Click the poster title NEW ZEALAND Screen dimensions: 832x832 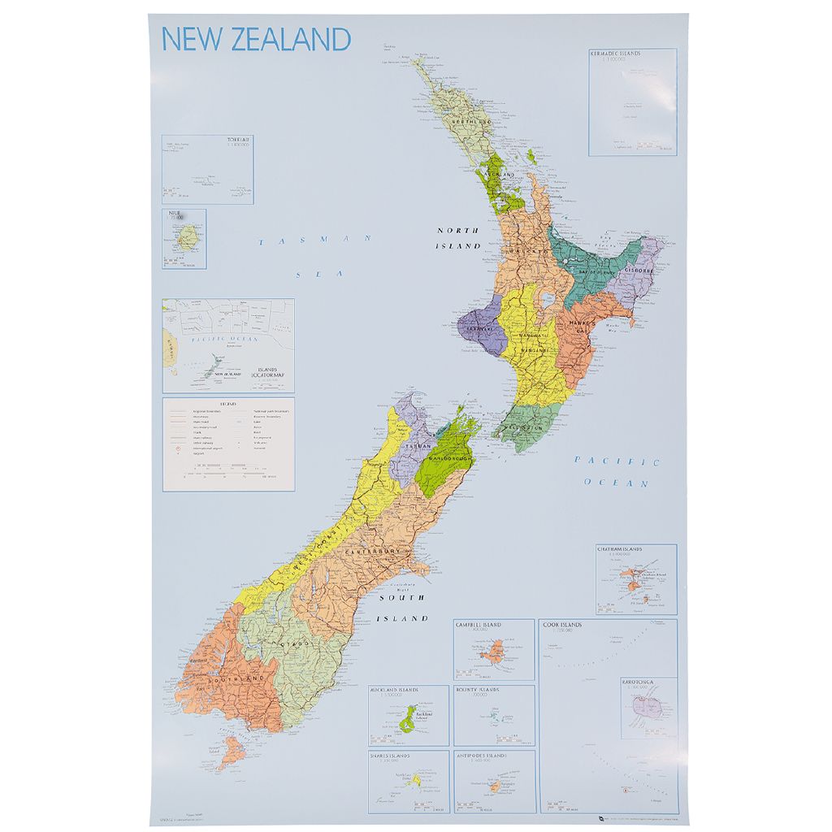coord(256,39)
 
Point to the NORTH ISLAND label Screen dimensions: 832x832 coord(458,238)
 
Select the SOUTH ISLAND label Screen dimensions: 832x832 coord(401,608)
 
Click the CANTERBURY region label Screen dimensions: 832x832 coord(374,552)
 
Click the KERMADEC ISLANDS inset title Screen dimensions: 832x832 coord(615,54)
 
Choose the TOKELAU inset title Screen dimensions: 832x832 coord(239,140)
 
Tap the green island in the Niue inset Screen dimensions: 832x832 coord(188,239)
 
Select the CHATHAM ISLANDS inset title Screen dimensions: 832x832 coord(620,549)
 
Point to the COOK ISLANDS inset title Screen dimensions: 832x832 coord(564,625)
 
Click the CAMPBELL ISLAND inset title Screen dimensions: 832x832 coord(479,625)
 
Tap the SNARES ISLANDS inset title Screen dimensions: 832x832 coord(390,756)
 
